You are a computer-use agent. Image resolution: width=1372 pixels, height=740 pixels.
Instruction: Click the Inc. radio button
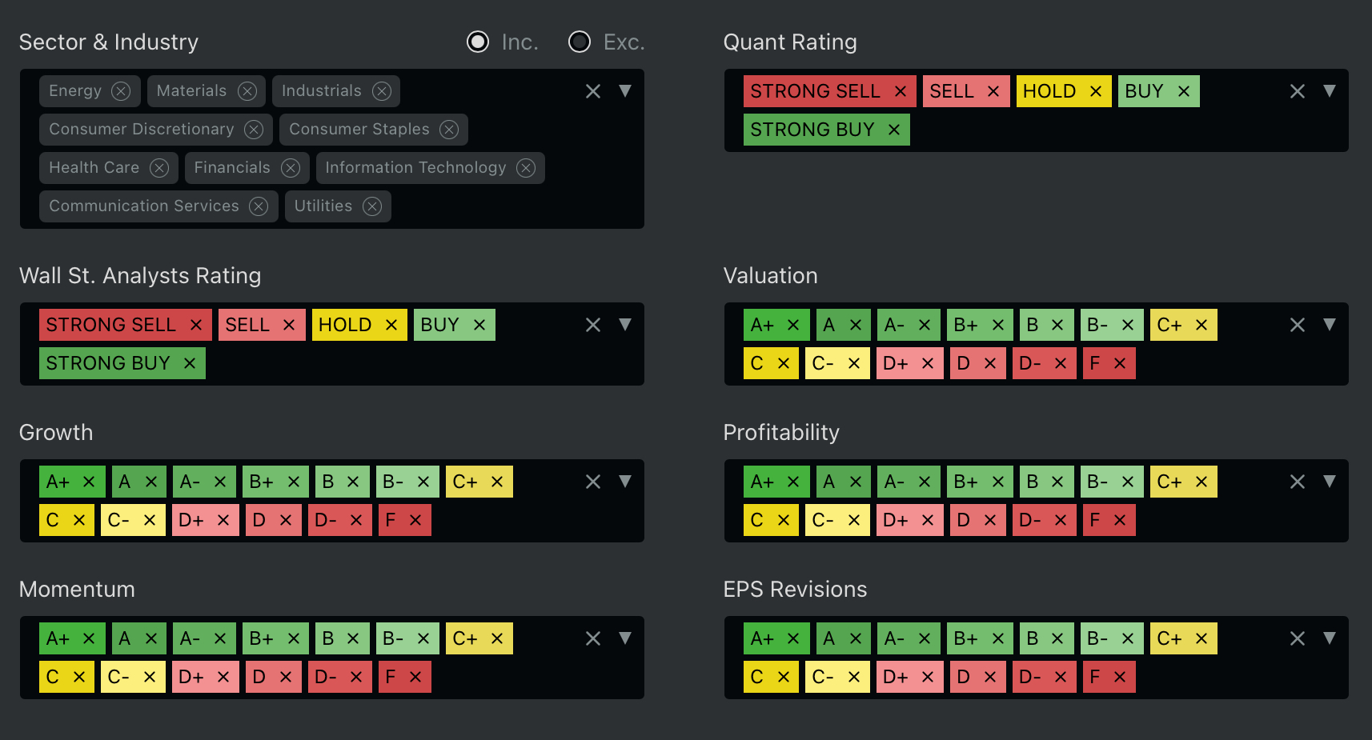pos(478,42)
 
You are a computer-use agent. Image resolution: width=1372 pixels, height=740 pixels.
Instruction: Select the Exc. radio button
pos(580,42)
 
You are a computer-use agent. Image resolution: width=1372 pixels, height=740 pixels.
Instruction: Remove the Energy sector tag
pos(121,91)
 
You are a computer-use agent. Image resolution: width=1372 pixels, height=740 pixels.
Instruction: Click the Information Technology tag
pos(415,168)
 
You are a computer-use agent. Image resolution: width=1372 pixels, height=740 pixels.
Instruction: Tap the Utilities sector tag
pos(323,206)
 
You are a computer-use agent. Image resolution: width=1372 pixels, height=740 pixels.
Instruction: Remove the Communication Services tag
pos(259,206)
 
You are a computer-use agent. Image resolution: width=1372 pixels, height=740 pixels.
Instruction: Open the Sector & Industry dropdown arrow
pos(625,91)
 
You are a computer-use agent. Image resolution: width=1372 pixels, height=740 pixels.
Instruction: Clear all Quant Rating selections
pos(1298,91)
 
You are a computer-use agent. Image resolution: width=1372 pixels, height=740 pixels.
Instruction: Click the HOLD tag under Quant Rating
pos(1049,91)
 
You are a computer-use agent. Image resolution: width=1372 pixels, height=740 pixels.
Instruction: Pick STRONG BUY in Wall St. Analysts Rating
pos(108,363)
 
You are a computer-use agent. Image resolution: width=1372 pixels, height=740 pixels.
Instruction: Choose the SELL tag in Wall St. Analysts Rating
pos(247,325)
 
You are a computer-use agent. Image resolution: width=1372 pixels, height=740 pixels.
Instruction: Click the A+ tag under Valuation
pos(762,325)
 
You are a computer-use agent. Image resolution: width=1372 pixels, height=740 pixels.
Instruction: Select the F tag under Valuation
pos(1095,363)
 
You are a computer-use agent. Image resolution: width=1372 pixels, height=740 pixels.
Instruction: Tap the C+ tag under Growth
pos(465,482)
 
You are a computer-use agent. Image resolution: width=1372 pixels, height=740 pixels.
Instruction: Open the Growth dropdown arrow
pos(625,482)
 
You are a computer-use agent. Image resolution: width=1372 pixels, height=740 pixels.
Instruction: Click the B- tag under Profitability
pos(1097,482)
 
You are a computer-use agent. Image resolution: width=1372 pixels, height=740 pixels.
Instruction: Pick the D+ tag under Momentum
pos(191,677)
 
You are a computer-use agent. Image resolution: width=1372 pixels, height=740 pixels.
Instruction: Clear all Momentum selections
pos(593,638)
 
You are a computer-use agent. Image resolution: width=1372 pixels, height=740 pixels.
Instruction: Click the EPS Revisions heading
pos(795,590)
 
